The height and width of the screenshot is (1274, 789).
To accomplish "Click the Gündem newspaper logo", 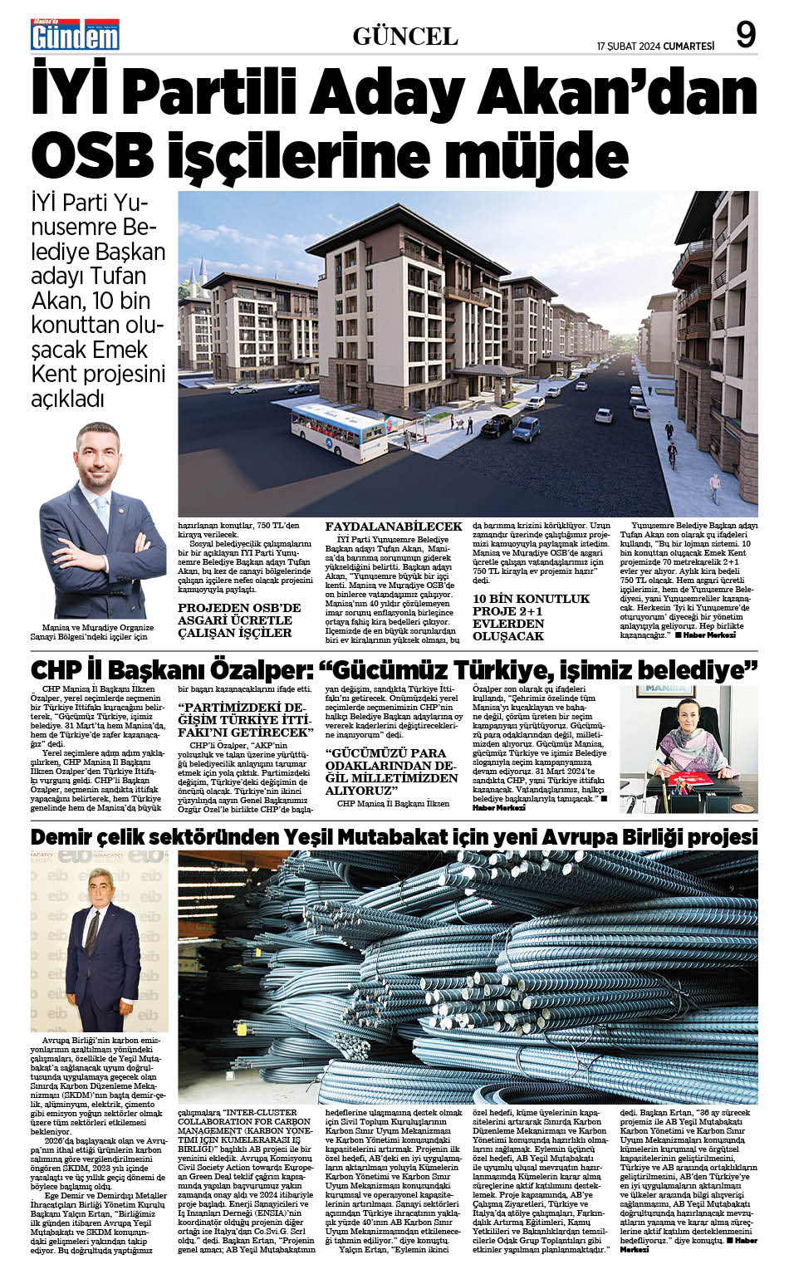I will pos(75,34).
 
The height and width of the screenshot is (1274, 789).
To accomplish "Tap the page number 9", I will pos(745,35).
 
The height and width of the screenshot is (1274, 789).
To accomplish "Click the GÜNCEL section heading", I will pos(405,36).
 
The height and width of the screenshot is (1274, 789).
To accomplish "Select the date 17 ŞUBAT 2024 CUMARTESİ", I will pos(655,46).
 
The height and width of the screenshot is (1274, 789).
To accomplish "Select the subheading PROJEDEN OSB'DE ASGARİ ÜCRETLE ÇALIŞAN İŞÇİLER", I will pos(239,620).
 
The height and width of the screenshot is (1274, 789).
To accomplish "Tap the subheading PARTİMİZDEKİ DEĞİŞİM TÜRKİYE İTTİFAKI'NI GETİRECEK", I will pos(248,719).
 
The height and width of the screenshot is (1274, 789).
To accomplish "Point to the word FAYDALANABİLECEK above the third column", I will pos(393,527).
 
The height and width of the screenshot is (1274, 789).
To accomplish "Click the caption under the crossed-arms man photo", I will pos(99,632).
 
